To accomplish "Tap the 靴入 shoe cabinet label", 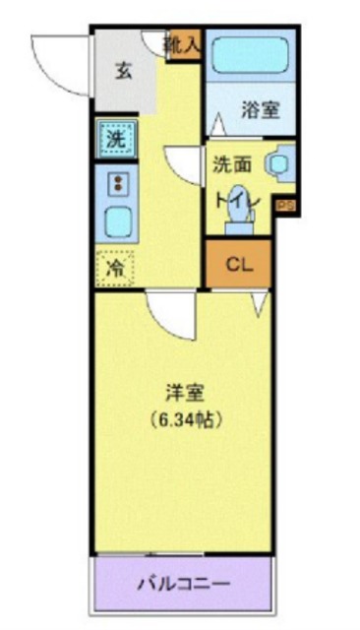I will (x=183, y=43).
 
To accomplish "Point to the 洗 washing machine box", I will (x=116, y=140).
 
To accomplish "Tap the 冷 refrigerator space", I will (x=116, y=267).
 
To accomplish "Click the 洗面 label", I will (x=231, y=165).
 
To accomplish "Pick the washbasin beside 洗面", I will (x=280, y=161).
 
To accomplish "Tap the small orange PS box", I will (x=284, y=205).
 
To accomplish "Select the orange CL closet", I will (x=238, y=264).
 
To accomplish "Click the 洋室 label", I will (x=182, y=392).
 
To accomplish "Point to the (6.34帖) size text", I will (x=182, y=418).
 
